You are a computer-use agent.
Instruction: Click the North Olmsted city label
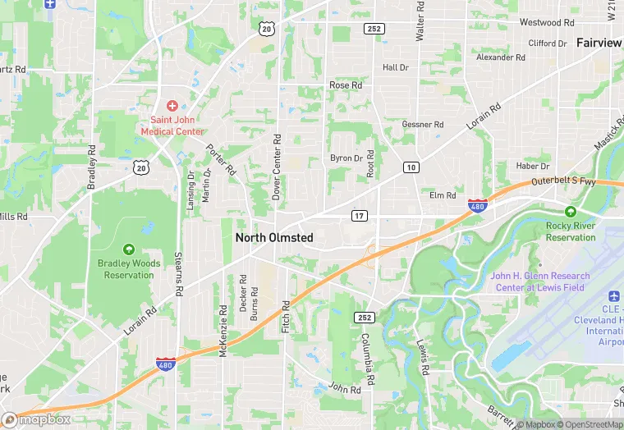pos(273,237)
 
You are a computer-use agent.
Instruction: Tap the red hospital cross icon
pos(172,105)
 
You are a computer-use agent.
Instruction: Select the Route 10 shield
pos(411,167)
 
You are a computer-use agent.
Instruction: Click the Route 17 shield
pos(359,216)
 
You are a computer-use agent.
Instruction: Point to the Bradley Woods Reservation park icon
pos(128,249)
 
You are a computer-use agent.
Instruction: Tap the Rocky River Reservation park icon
pos(571,212)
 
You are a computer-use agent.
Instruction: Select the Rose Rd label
pos(345,85)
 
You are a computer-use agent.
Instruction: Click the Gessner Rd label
pos(423,125)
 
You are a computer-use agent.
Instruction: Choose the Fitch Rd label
pos(287,316)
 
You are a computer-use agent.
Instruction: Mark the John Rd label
pos(345,387)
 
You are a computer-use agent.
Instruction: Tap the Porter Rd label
pos(221,161)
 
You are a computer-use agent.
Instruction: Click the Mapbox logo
pos(36,419)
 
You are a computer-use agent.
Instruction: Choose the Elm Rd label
pos(442,195)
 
